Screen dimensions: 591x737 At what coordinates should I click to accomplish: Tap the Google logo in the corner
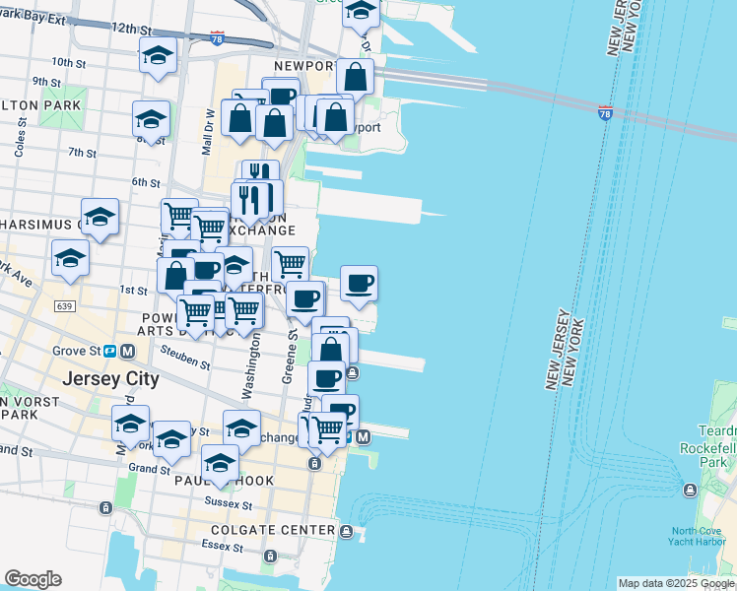coord(33,579)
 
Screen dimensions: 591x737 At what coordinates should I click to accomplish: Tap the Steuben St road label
coord(189,361)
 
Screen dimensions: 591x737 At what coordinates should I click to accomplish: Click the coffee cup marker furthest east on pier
coord(360,284)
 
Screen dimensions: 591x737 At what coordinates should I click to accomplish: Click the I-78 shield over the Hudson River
coord(605,113)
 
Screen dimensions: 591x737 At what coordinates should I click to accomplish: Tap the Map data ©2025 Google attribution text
coord(676,583)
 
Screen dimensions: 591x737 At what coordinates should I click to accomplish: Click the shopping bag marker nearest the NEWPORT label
coord(355,76)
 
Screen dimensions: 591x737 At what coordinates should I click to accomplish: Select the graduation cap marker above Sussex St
coord(221,463)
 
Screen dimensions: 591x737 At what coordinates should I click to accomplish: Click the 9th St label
coord(45,82)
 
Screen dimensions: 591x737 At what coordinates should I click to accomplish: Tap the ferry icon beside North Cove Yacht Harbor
coord(689,490)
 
